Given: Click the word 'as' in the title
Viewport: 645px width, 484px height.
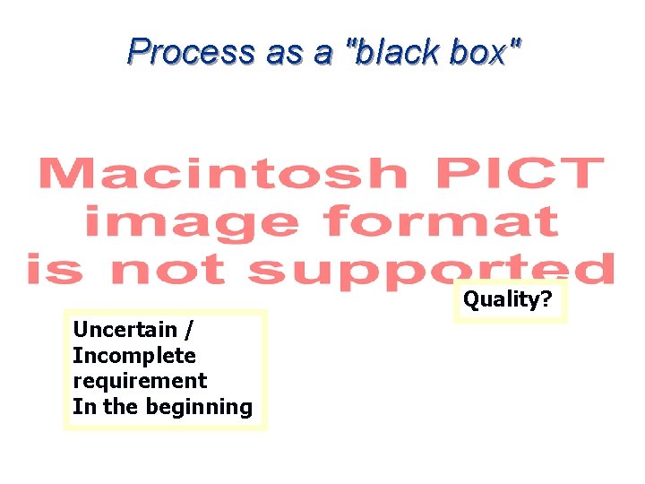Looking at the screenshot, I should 283,52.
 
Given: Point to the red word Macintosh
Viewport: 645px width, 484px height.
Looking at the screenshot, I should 220,173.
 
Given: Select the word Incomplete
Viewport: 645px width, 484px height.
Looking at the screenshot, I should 133,355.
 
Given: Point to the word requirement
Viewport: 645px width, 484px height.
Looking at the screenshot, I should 139,381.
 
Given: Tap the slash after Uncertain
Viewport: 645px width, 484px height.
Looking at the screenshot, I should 188,330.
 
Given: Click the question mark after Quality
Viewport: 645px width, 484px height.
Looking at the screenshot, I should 545,298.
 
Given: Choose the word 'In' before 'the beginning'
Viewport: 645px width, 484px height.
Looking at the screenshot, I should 84,406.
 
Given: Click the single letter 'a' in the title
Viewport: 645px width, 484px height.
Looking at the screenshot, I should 322,52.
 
